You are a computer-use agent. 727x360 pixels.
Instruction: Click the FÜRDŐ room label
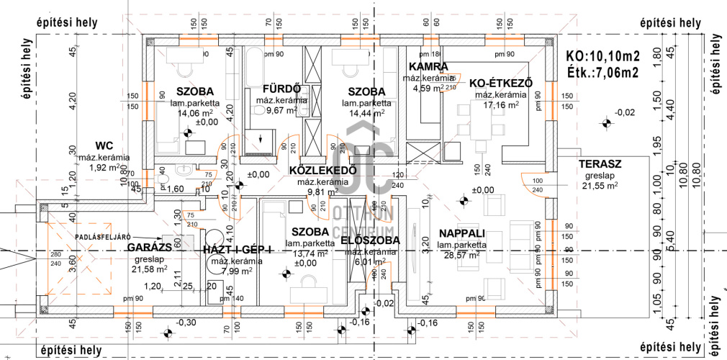pos(276,89)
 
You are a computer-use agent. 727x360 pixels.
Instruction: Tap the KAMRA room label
pos(428,67)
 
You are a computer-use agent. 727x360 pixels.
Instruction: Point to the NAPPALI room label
pos(461,233)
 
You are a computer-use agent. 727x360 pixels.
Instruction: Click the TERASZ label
pos(600,164)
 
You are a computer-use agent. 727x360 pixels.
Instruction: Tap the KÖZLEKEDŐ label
pos(323,171)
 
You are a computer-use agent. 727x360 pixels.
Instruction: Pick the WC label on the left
pos(104,145)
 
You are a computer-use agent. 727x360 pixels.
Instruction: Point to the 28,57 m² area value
pos(462,255)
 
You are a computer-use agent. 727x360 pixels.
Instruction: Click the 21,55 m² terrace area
pos(600,185)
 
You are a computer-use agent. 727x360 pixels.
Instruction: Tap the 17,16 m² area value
pos(502,104)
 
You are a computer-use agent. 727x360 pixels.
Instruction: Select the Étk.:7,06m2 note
pos(603,72)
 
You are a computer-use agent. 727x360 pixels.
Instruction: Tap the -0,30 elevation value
pos(186,323)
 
